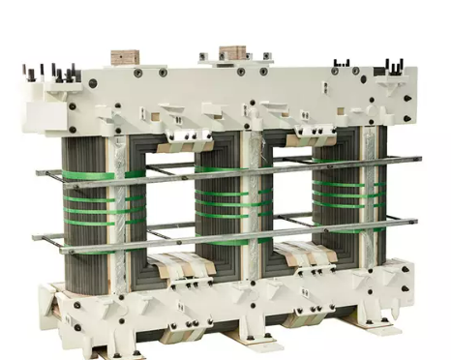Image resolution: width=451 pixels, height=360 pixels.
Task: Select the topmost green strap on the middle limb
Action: [x=220, y=169]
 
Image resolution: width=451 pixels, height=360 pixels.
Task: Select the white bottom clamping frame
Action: [x=223, y=300]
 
